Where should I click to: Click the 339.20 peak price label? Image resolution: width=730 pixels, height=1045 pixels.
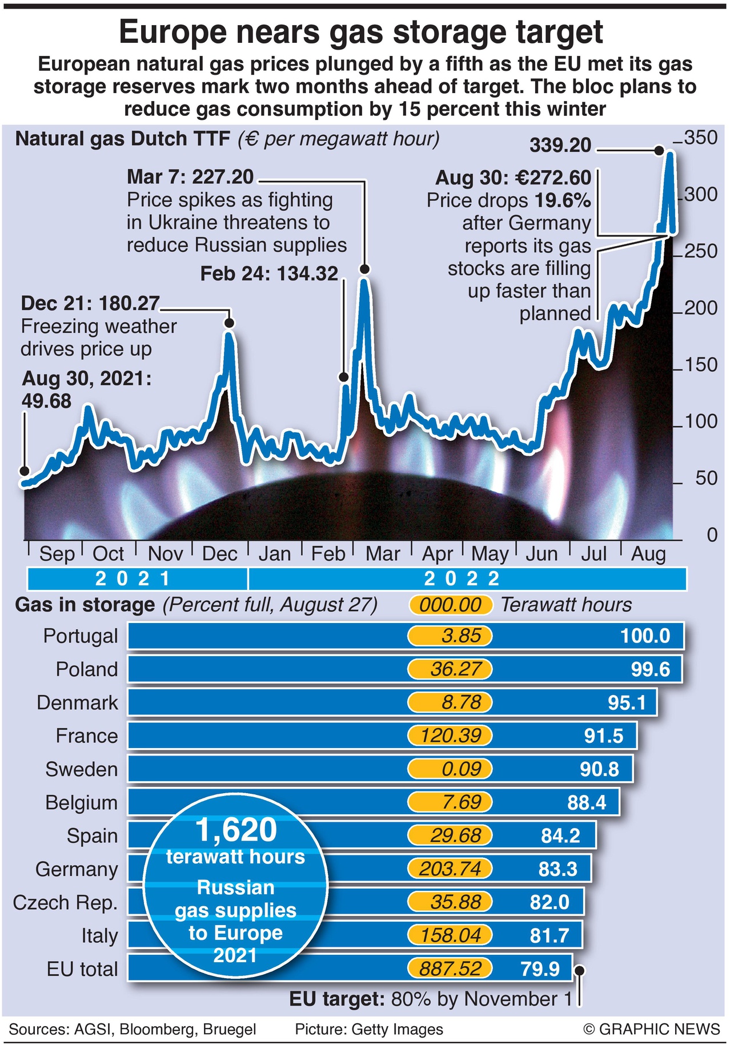click(x=560, y=145)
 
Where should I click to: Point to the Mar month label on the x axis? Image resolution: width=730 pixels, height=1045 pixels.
click(x=382, y=553)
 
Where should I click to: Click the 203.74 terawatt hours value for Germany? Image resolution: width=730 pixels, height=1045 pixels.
click(x=450, y=869)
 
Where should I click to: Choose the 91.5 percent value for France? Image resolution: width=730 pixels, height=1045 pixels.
click(x=603, y=735)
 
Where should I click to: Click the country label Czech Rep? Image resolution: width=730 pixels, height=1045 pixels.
click(x=65, y=902)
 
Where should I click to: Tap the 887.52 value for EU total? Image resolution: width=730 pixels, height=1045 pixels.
click(x=450, y=968)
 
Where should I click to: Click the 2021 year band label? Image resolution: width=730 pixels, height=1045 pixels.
click(x=133, y=578)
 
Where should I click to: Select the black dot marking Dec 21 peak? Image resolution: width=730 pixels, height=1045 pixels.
click(x=230, y=323)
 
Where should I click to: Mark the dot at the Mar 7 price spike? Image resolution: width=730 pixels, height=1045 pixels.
click(x=364, y=269)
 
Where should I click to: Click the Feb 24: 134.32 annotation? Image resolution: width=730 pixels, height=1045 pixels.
click(x=269, y=274)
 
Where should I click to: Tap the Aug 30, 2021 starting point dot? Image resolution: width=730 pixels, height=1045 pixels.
click(x=24, y=471)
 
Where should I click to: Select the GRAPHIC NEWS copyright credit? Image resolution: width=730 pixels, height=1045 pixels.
click(x=651, y=1029)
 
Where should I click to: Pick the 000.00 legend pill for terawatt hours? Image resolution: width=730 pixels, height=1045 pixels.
click(x=450, y=605)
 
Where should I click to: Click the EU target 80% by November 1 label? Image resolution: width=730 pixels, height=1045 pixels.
click(x=430, y=999)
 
